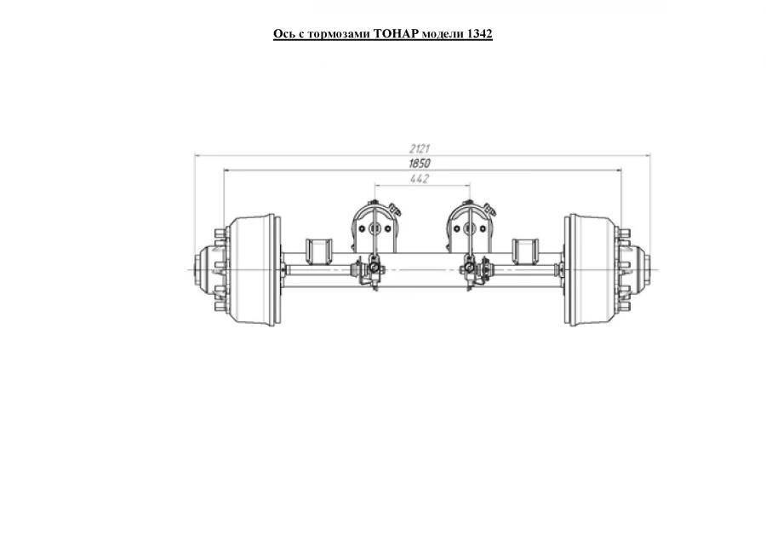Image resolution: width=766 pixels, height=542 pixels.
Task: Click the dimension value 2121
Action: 419,148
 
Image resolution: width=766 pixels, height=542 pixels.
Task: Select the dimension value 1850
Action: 419,163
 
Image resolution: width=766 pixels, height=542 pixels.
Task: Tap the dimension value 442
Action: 419,178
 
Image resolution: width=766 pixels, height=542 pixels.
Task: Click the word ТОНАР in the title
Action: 396,34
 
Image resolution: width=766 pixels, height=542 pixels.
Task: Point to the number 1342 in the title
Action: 479,34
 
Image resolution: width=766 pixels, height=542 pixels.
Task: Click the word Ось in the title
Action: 283,34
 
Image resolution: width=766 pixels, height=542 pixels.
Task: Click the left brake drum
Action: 256,269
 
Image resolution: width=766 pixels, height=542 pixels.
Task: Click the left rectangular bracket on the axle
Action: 319,252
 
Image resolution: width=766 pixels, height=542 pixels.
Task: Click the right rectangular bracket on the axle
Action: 524,252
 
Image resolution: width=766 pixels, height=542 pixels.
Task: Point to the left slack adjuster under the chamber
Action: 371,273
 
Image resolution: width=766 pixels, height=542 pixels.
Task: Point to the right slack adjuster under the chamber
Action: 470,273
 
